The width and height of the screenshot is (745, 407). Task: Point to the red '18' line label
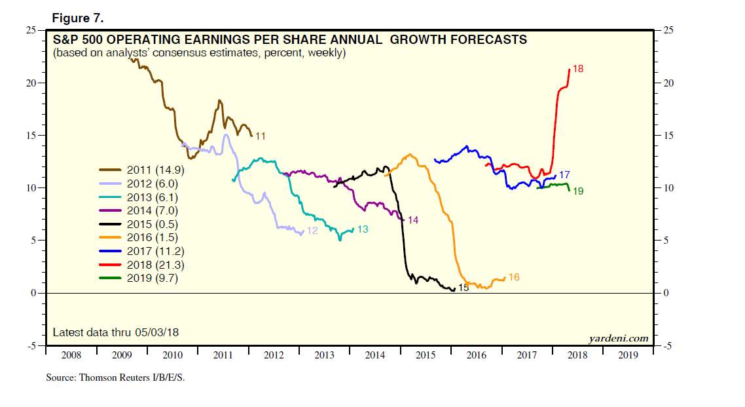click(x=577, y=69)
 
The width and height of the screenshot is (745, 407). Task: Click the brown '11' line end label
click(x=260, y=136)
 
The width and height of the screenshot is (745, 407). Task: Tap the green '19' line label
click(x=578, y=191)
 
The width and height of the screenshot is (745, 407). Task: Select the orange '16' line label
click(x=513, y=278)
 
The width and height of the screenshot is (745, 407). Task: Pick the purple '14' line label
click(x=412, y=220)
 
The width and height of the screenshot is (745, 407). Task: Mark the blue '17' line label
click(x=564, y=175)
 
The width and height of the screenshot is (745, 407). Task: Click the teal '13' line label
click(x=363, y=229)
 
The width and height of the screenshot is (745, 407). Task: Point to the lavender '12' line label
click(x=312, y=231)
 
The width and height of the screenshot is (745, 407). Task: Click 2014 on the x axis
click(x=375, y=355)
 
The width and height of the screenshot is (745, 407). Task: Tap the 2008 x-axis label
click(x=71, y=355)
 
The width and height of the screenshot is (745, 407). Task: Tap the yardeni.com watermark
click(x=619, y=338)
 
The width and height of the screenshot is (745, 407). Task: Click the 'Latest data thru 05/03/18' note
click(x=115, y=332)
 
